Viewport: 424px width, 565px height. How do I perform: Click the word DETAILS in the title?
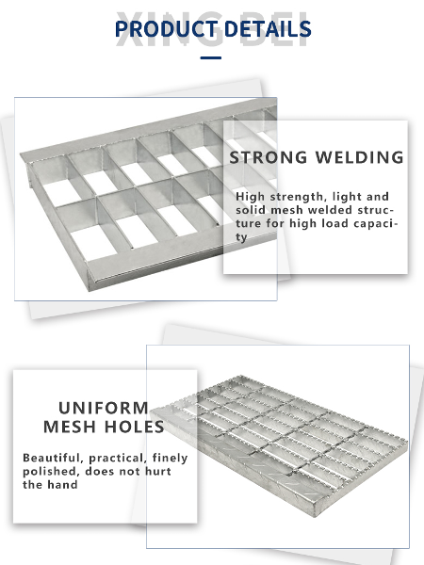[265, 30]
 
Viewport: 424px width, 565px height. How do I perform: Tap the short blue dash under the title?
[211, 58]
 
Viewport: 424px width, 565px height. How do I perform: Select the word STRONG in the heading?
[269, 157]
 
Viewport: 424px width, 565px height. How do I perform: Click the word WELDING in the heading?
[361, 157]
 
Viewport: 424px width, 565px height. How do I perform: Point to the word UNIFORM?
[103, 408]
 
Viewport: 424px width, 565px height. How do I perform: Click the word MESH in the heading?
[71, 427]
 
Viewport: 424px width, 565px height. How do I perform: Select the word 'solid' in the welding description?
[253, 210]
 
